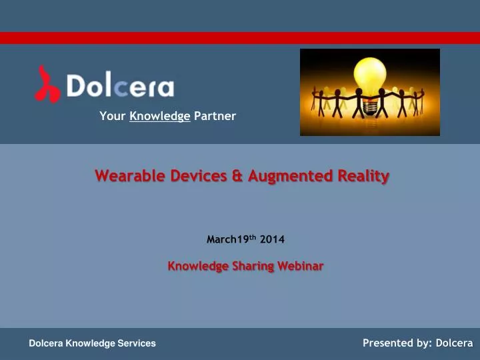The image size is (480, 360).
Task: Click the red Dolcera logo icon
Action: pos(48,83)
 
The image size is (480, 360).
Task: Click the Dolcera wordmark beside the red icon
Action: pos(120,87)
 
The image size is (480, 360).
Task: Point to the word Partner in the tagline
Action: pos(215,117)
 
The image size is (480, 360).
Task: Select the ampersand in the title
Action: pos(239,176)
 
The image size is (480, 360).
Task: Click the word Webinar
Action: pos(301,266)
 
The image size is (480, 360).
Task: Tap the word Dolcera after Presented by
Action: pos(455,343)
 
